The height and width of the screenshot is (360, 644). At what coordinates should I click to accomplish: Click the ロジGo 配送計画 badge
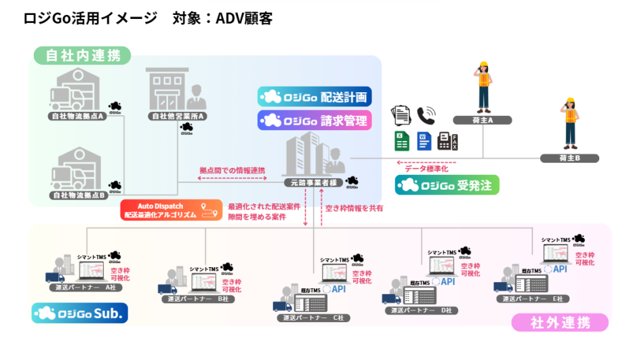315,96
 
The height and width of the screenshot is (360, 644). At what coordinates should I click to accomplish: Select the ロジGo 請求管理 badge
315,121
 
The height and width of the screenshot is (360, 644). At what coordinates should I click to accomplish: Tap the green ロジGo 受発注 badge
447,185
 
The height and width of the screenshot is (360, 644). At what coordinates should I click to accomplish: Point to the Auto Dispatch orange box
172,209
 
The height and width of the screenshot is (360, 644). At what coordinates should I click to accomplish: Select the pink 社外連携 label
559,322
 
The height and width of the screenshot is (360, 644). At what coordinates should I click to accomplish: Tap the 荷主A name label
482,120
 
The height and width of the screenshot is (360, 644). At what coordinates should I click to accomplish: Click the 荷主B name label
569,158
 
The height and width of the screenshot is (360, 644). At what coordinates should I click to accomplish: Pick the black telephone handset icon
426,115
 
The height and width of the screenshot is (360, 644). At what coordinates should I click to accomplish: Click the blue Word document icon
424,141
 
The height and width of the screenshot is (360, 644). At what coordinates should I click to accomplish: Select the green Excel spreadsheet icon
401,141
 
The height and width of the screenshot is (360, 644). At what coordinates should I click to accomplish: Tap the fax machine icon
448,141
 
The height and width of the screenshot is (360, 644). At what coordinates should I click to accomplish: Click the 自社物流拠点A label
78,116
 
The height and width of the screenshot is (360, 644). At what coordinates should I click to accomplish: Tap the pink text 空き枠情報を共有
354,208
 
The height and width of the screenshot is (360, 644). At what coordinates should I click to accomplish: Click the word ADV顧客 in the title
244,18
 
